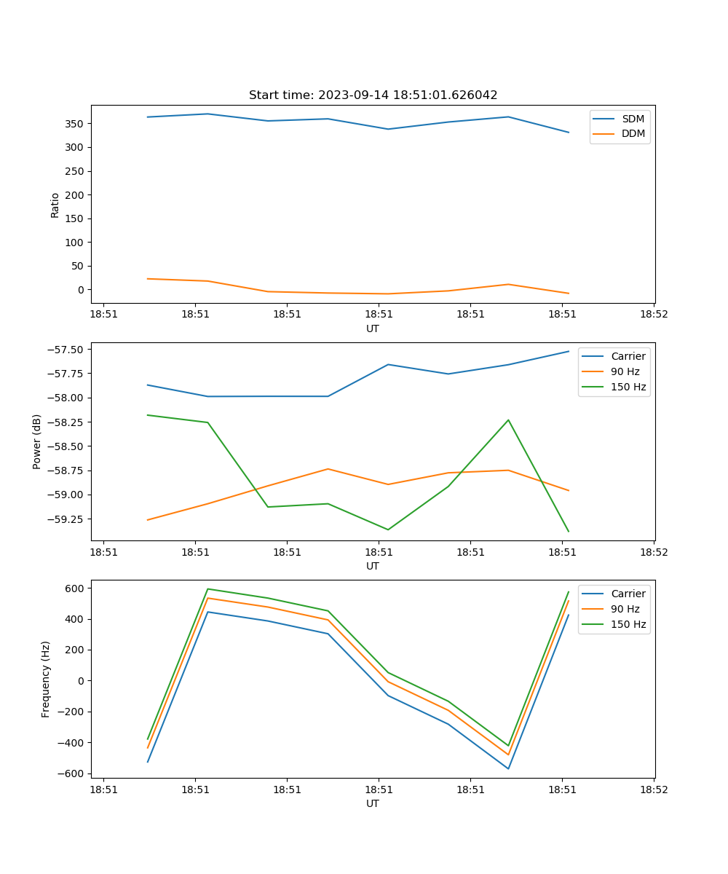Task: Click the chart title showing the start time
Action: (373, 95)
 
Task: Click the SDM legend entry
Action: (633, 119)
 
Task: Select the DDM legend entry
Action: (633, 133)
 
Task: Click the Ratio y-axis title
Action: (55, 205)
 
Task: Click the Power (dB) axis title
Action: (37, 441)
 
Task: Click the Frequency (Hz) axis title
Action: (46, 679)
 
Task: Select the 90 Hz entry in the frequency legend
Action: (625, 609)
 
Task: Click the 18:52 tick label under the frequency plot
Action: (653, 790)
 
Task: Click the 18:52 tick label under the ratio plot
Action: (653, 315)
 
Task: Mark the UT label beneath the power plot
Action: (373, 566)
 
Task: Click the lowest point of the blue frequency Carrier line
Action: (508, 768)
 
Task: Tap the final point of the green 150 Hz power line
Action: (569, 531)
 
